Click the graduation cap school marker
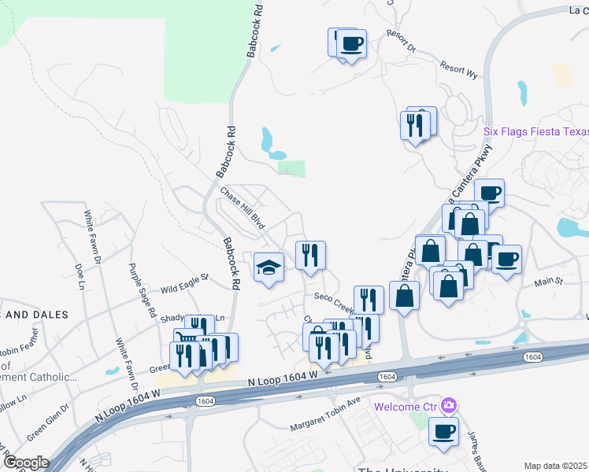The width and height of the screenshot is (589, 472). pyautogui.click(x=269, y=267)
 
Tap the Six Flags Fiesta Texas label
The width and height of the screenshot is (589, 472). pyautogui.click(x=535, y=131)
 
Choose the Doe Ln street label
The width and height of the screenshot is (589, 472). pyautogui.click(x=80, y=277)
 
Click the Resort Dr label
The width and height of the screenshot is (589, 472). pyautogui.click(x=401, y=42)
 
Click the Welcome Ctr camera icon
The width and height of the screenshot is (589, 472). pyautogui.click(x=449, y=406)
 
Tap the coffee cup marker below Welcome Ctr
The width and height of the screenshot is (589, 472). pyautogui.click(x=444, y=431)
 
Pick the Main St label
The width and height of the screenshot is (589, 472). pyautogui.click(x=550, y=281)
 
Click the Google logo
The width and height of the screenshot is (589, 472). pyautogui.click(x=26, y=463)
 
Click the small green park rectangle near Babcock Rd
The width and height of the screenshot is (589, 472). pyautogui.click(x=292, y=168)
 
